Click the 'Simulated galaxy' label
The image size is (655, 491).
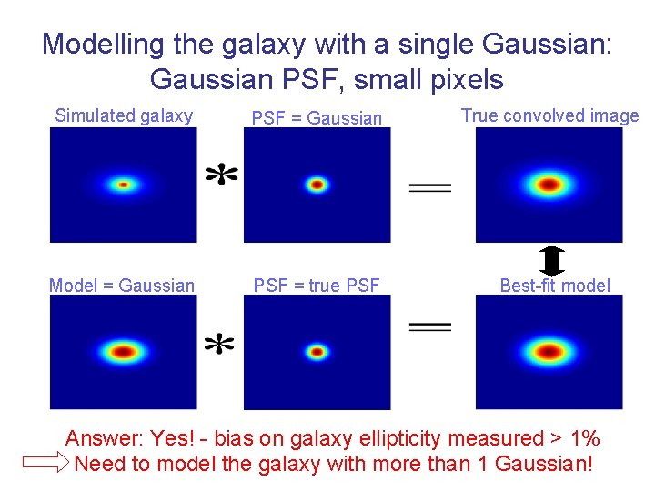pyautogui.click(x=124, y=115)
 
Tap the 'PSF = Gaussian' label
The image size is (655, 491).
pyautogui.click(x=317, y=117)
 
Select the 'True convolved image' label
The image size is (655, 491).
pyautogui.click(x=549, y=115)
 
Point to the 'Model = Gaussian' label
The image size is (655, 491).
pyautogui.click(x=122, y=286)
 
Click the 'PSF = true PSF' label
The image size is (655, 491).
pyautogui.click(x=317, y=286)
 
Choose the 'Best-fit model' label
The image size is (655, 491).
pyautogui.click(x=555, y=286)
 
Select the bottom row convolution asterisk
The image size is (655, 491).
pyautogui.click(x=219, y=344)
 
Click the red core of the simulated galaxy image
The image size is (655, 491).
pyautogui.click(x=124, y=185)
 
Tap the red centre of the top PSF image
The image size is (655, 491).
pyautogui.click(x=317, y=185)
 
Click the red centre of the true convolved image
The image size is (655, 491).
pyautogui.click(x=549, y=185)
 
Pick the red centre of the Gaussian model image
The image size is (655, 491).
pyautogui.click(x=124, y=351)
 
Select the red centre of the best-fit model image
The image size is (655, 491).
pyautogui.click(x=549, y=351)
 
